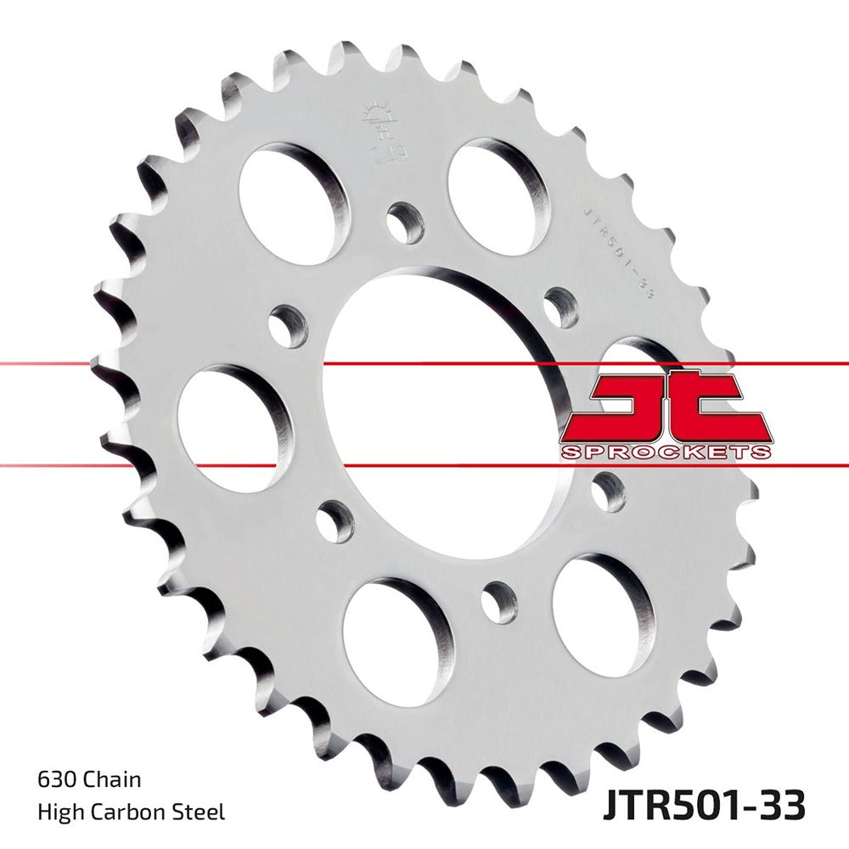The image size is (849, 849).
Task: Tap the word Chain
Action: (110, 779)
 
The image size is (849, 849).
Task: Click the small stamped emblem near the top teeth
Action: (381, 119)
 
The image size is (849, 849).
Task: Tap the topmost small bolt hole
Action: (404, 223)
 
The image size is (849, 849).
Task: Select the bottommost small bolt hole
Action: (499, 603)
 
